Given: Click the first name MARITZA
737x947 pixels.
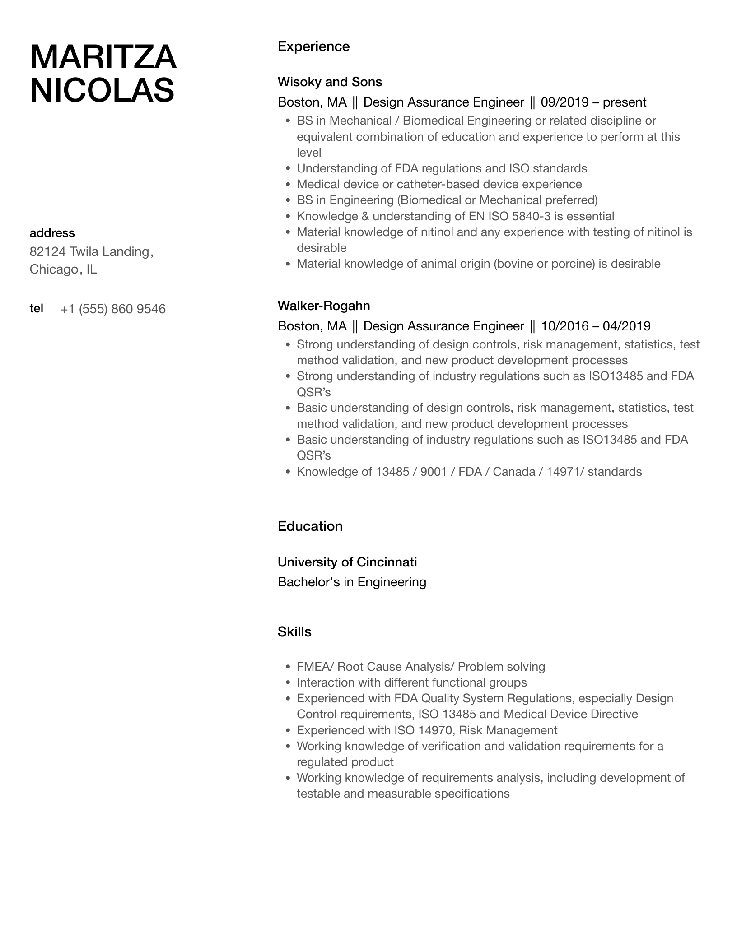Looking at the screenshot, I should pos(103,57).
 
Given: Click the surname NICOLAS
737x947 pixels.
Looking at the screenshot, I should pos(102,90).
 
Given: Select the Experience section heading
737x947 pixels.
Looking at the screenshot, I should pos(313,46).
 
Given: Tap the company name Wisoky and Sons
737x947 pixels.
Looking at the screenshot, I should pos(330,82).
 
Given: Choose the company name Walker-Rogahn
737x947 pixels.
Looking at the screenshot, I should pos(324,306).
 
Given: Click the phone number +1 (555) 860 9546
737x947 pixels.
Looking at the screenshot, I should pos(113,309).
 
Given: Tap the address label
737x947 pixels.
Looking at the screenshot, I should pos(52,233).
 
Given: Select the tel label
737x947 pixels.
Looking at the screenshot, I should pos(37,308).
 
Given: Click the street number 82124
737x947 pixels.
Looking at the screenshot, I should pos(47,251).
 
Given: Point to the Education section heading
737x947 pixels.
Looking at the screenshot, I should pos(310,526).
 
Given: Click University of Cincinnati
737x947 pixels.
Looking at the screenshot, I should pos(347,562).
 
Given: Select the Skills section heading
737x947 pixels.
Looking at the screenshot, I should pos(294,632).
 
